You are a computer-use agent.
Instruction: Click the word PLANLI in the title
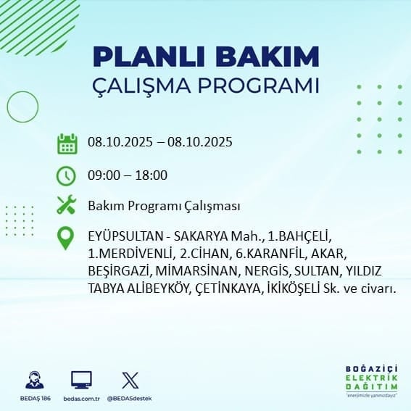point(149,57)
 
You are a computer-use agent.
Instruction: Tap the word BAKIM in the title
point(267,57)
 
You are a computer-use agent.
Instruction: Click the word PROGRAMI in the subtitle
point(259,86)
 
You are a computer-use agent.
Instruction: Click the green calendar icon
point(67,144)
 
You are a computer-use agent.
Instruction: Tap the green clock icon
point(66,176)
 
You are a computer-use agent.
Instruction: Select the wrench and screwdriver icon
point(67,204)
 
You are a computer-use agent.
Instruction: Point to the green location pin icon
point(65,238)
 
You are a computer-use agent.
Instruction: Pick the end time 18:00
point(151,175)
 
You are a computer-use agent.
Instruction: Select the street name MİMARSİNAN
point(196,271)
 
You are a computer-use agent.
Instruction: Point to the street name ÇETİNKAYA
point(228,289)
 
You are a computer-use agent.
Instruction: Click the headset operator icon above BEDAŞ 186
point(35,380)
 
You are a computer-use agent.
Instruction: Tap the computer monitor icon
point(81,380)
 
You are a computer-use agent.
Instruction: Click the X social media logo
point(130,380)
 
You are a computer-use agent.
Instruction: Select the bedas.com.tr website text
point(81,399)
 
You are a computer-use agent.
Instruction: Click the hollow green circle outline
point(7,107)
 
